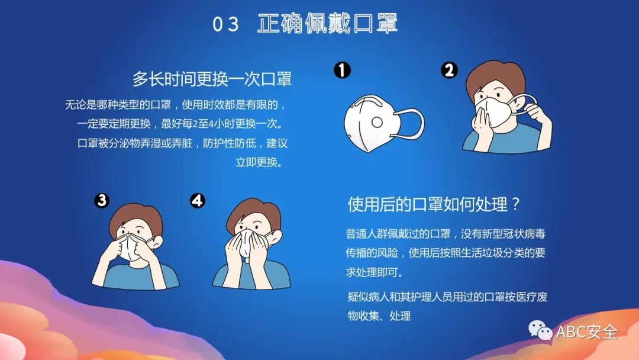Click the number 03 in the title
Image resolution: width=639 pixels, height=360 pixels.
pyautogui.click(x=225, y=24)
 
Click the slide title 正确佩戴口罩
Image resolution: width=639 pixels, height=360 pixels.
pyautogui.click(x=327, y=24)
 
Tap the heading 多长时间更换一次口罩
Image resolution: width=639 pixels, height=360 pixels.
pyautogui.click(x=212, y=79)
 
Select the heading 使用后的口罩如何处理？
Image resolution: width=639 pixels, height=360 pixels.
pyautogui.click(x=433, y=204)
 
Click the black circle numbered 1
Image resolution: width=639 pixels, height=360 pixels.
pyautogui.click(x=342, y=71)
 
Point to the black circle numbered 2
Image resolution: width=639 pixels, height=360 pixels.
pyautogui.click(x=449, y=71)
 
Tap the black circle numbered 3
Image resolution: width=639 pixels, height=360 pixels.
pyautogui.click(x=102, y=201)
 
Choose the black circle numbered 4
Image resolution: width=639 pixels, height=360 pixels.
pyautogui.click(x=197, y=201)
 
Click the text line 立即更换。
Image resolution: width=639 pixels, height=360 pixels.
pyautogui.click(x=259, y=162)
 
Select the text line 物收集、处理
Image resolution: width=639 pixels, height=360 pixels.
pyautogui.click(x=379, y=316)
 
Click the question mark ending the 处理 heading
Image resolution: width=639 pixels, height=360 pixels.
pyautogui.click(x=515, y=205)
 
